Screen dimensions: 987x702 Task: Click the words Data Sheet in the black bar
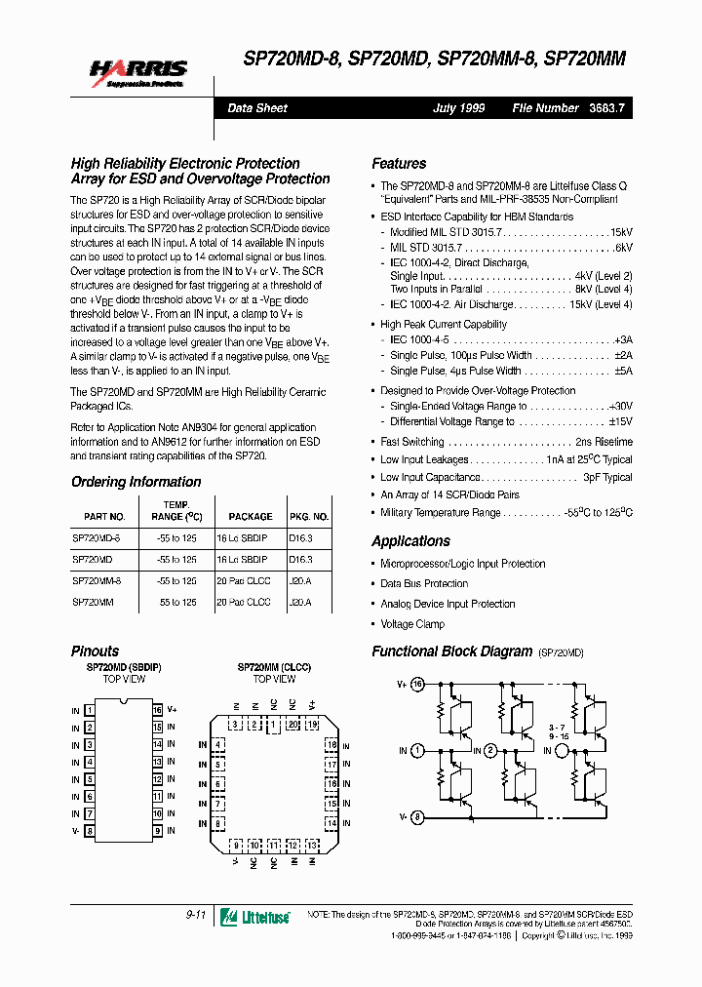coord(257,108)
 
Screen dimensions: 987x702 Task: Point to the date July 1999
coord(458,108)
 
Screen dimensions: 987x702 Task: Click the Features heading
coord(399,164)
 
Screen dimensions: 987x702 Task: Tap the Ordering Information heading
coord(136,482)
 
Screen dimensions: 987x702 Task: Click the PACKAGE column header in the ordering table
coord(251,517)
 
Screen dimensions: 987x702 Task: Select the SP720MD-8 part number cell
coord(97,538)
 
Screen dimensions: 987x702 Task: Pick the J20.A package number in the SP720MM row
coord(300,603)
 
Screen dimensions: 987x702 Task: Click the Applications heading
coord(410,541)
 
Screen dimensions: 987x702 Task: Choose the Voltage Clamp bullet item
coord(411,624)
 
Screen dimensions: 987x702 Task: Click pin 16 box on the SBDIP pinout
coord(156,710)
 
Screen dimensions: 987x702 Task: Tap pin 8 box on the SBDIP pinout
coord(90,831)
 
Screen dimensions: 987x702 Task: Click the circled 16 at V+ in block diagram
coord(418,685)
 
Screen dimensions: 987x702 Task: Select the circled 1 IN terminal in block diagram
coord(417,751)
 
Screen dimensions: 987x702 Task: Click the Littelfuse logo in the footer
coord(254,916)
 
